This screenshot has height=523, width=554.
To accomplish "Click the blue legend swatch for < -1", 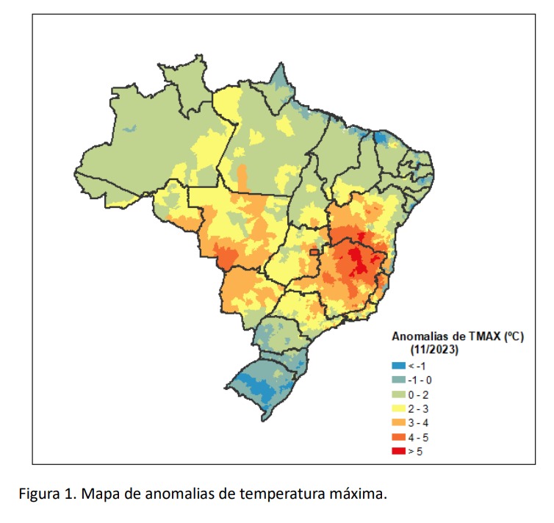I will click(399, 367).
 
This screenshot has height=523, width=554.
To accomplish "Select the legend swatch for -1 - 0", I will click(399, 380).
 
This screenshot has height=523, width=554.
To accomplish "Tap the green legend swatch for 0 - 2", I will click(399, 394).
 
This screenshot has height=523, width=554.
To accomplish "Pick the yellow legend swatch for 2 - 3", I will click(399, 408).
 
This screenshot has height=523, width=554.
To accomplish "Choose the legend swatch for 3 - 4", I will click(399, 423).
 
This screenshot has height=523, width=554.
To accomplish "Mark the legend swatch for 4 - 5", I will click(399, 437).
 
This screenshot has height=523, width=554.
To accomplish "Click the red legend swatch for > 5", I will click(399, 451).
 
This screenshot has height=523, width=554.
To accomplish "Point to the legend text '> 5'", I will click(415, 451).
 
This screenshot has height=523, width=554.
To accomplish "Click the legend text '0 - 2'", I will click(418, 394).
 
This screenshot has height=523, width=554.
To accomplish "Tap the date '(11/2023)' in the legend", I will click(434, 350).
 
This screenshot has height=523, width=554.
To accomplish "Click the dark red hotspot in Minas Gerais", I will click(359, 258).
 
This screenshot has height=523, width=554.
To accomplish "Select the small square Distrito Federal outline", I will click(314, 253).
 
